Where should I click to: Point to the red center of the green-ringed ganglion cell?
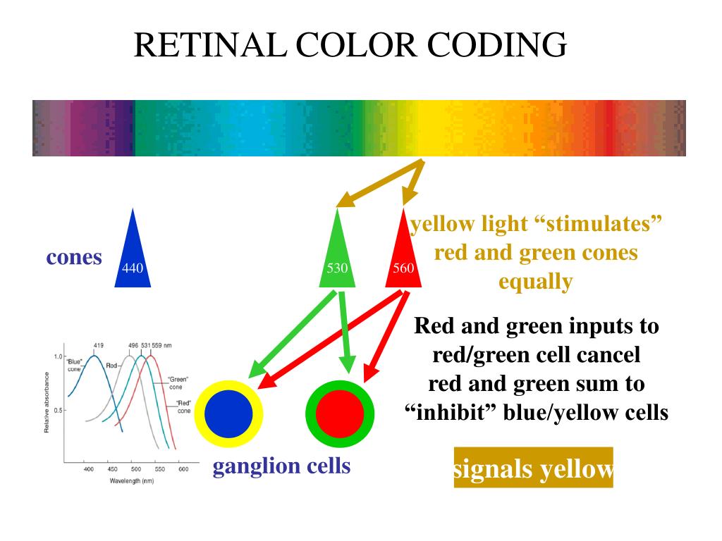coord(339,413)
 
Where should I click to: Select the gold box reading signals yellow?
coord(533,468)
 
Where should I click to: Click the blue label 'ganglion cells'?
coord(281,466)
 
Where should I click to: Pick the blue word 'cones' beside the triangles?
coord(74,257)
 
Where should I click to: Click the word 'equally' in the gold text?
coord(535,282)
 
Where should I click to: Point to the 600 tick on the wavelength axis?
coord(182,469)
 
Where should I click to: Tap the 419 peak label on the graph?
coord(99,345)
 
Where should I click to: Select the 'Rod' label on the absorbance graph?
coord(111,366)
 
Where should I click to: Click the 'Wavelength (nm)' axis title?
coord(132,480)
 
